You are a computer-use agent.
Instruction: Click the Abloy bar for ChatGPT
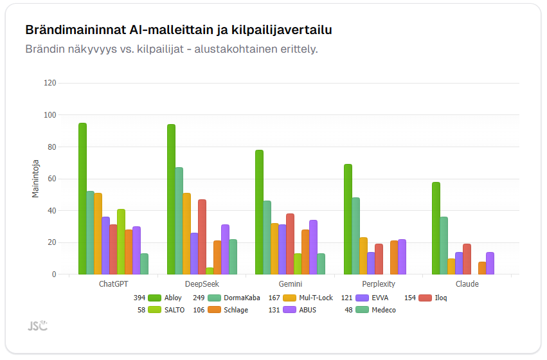coord(82,199)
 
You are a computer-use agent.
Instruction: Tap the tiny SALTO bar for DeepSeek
coord(210,271)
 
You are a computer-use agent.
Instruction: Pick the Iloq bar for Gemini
coord(290,244)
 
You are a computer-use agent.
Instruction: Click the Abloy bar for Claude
coord(436,228)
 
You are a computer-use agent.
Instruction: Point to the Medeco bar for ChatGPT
coord(145,264)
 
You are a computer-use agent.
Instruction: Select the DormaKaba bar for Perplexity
coord(355,236)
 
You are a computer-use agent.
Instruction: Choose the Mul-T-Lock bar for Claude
coord(451,266)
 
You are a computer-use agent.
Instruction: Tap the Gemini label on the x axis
coord(290,284)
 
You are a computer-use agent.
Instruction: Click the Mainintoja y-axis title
coord(36,179)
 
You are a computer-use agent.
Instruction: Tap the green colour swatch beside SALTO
coord(154,310)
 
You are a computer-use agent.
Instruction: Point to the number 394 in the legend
coord(139,298)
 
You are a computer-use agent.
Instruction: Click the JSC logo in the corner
coord(37,326)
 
